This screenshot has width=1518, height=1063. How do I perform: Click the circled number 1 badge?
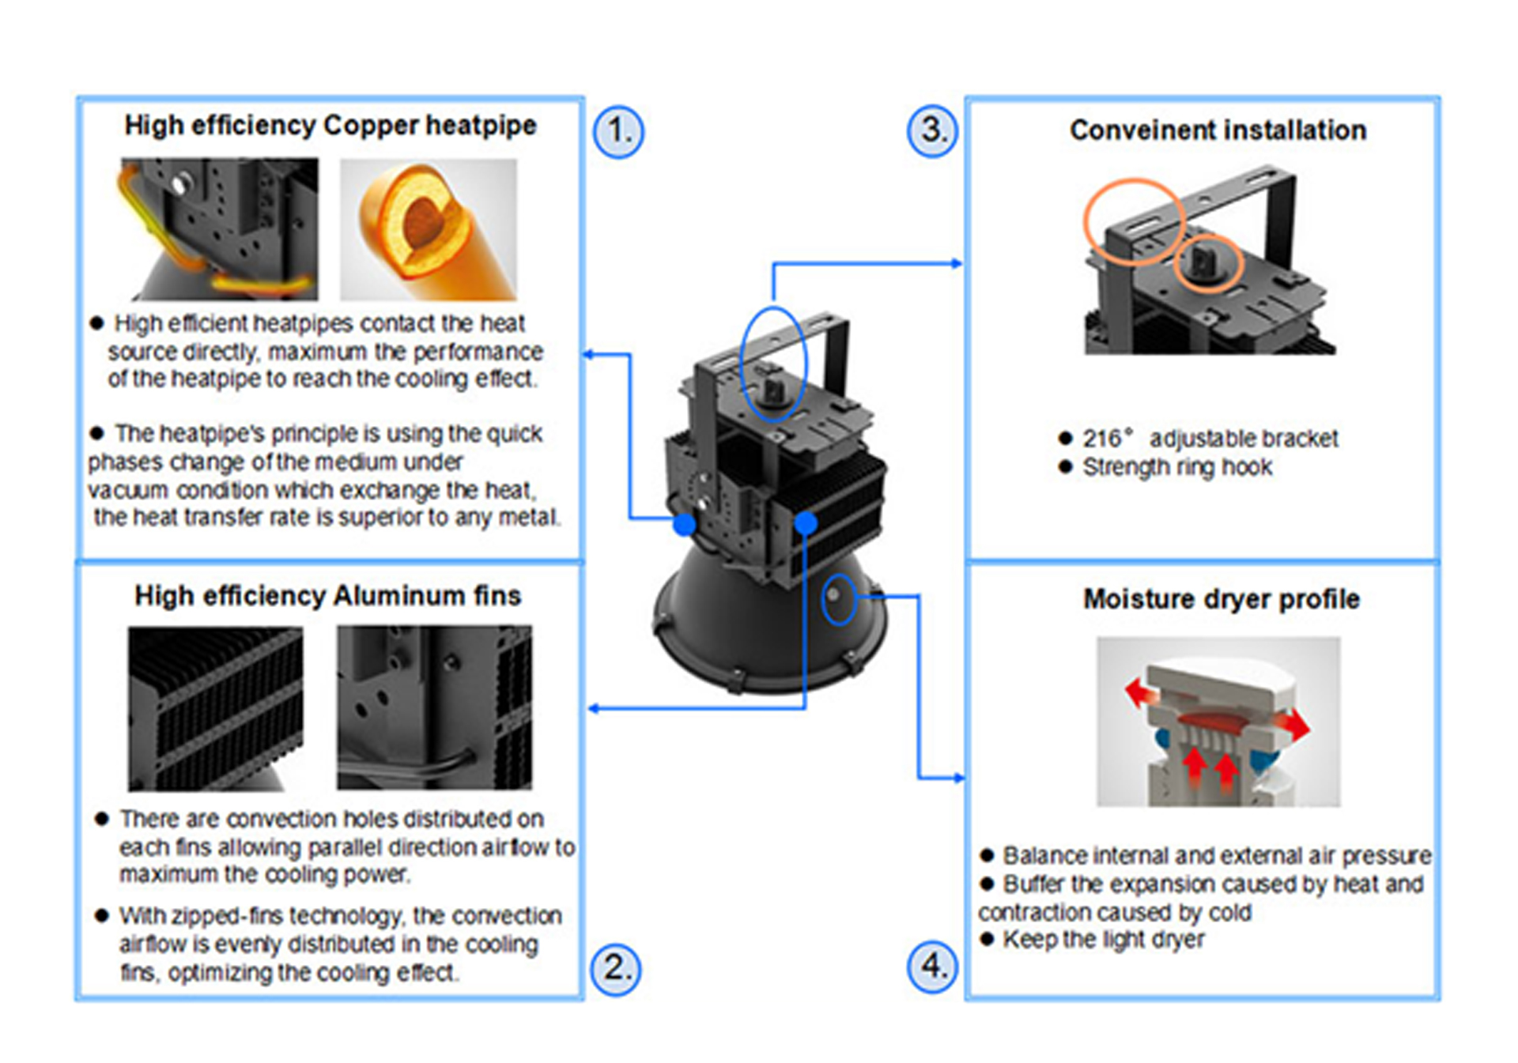618,131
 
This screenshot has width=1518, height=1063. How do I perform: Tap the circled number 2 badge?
616,969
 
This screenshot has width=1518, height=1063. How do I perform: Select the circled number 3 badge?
932,130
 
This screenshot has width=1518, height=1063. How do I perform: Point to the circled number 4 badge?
933,966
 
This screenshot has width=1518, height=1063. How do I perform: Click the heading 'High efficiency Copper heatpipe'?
330,126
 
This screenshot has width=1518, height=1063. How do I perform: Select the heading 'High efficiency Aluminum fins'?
327,596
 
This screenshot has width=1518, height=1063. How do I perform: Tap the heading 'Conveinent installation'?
1218,130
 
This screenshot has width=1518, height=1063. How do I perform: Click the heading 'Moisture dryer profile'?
1221,599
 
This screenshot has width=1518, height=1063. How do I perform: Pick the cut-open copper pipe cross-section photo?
428,229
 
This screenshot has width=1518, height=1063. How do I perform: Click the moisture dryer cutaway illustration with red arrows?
1218,722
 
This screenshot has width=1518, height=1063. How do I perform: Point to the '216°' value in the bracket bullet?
1107,439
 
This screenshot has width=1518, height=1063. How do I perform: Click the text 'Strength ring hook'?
1177,468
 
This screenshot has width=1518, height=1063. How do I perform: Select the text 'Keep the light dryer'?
1103,940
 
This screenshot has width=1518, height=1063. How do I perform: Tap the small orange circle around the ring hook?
1208,264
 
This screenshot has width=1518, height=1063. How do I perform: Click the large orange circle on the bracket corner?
1134,221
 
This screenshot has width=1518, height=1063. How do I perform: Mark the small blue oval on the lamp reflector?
838,599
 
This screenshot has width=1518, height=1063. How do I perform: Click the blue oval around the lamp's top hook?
773,364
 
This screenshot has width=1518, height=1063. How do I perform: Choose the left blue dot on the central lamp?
685,524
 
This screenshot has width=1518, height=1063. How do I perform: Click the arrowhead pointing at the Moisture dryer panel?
959,778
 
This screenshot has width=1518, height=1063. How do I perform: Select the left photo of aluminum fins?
215,708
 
